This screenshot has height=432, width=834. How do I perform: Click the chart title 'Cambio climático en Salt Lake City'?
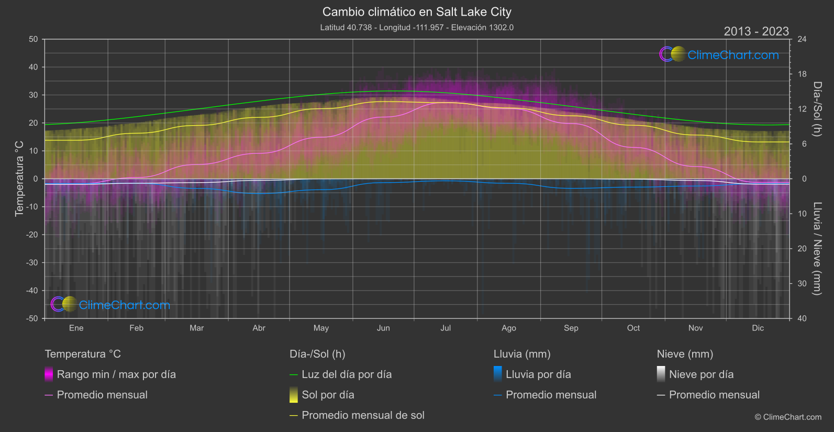(417, 12)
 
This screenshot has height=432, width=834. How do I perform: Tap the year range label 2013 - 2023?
(756, 31)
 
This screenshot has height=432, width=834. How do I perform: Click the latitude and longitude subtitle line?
(417, 28)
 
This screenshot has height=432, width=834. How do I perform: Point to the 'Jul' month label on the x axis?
(446, 328)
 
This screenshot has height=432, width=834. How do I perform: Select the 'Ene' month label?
(76, 328)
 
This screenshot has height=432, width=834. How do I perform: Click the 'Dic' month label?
(758, 328)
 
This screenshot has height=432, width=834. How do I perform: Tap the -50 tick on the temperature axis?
(33, 318)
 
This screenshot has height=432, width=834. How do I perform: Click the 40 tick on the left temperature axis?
(34, 67)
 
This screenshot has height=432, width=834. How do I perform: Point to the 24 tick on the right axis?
(802, 39)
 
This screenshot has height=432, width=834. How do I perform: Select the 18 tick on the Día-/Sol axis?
(802, 74)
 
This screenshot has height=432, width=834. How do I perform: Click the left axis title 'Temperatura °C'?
(19, 178)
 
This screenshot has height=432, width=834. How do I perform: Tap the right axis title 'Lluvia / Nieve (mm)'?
(817, 249)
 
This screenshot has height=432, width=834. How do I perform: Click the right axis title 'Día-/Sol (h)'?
(817, 109)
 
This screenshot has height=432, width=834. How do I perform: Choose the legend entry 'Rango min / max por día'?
(116, 374)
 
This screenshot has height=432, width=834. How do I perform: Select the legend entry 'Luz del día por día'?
(347, 374)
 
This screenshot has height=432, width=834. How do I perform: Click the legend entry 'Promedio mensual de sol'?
(363, 415)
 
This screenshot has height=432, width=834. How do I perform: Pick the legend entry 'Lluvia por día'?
(538, 374)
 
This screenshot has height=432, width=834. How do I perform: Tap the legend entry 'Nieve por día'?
(701, 374)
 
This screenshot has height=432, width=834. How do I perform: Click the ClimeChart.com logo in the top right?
(719, 54)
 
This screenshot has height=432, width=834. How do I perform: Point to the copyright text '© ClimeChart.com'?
(788, 417)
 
